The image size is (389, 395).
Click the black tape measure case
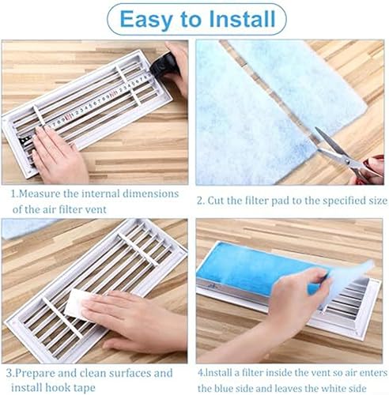tap(162, 65)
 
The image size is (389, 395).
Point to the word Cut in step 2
tap(216, 201)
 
